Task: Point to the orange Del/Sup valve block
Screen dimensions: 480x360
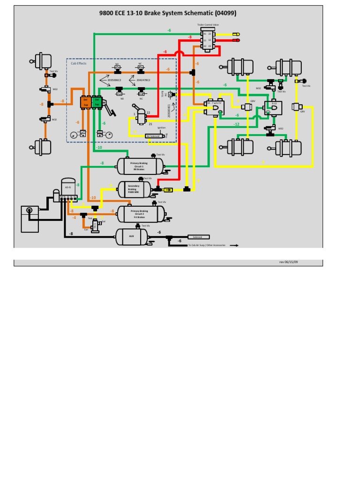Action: tap(85, 102)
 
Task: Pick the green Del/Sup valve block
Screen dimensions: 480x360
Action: tap(97, 102)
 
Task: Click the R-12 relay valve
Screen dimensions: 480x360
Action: tap(273, 108)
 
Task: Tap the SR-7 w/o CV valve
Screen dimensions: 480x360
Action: tap(215, 108)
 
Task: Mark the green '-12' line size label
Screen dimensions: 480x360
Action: tap(237, 124)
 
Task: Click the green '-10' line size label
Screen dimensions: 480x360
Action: tap(98, 148)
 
